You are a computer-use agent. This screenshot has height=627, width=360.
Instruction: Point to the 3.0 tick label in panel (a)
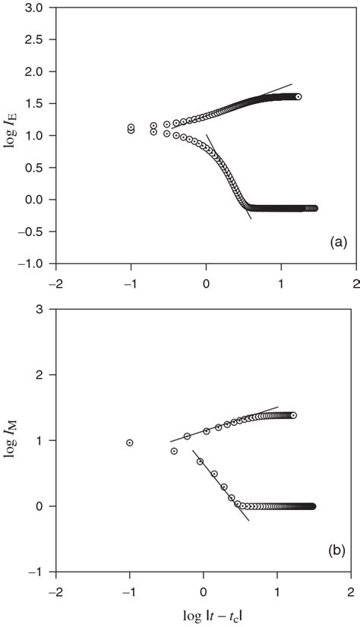35,8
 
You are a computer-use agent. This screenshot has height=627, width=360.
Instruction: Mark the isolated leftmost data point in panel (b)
130,443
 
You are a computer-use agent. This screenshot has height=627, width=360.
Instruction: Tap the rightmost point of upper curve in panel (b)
293,415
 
